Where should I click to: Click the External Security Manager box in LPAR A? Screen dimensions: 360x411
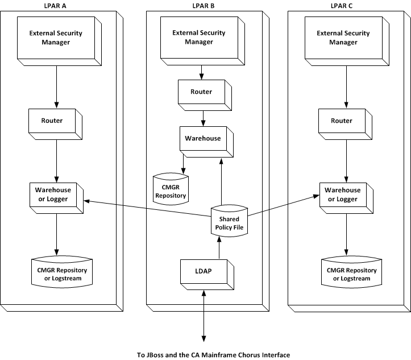[56, 38]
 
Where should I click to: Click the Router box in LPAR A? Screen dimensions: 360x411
[52, 121]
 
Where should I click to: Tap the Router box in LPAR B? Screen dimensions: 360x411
[201, 92]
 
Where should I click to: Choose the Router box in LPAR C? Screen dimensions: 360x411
[342, 121]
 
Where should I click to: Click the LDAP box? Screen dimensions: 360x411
[204, 271]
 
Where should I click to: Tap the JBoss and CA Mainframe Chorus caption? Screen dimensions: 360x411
[213, 355]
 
